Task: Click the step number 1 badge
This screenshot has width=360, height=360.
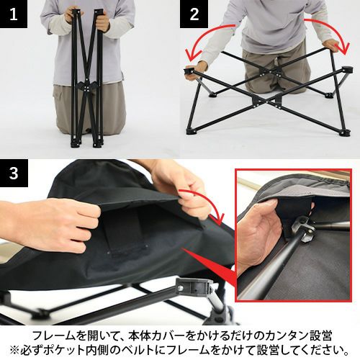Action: pyautogui.click(x=14, y=14)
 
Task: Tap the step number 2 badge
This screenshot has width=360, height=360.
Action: pyautogui.click(x=194, y=14)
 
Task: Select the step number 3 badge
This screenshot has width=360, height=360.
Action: pyautogui.click(x=14, y=173)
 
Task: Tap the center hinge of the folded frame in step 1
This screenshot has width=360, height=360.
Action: pyautogui.click(x=86, y=88)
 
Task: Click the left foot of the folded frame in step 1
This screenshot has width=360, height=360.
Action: pyautogui.click(x=75, y=143)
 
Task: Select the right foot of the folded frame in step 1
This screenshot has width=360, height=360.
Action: pyautogui.click(x=98, y=143)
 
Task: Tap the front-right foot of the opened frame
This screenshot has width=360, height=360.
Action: pyautogui.click(x=346, y=132)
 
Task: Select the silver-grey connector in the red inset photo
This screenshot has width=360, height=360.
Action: pyautogui.click(x=304, y=228)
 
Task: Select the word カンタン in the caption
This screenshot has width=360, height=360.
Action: pyautogui.click(x=282, y=336)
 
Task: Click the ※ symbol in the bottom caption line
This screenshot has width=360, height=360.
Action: pyautogui.click(x=14, y=350)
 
